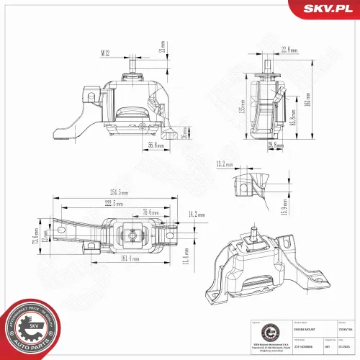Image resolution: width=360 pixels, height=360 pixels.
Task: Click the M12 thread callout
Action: tap(104, 53)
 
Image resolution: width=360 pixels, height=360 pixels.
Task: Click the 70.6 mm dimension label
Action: tap(150, 212)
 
